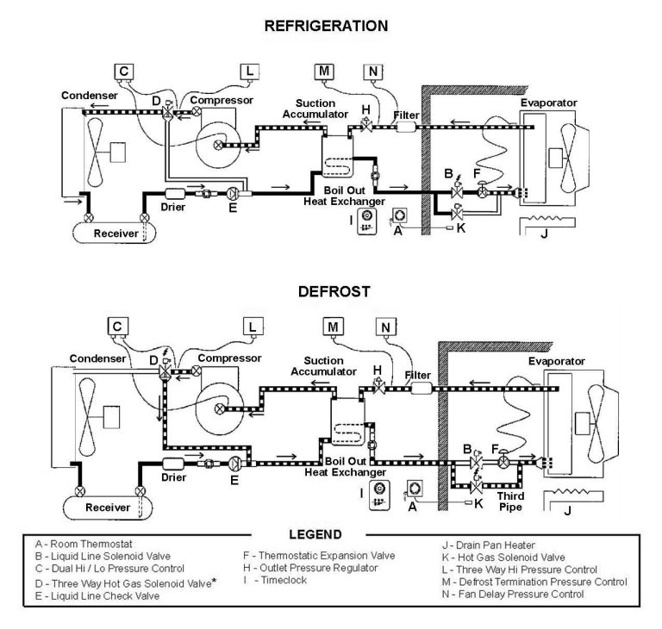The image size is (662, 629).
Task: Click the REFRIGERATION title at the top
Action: tap(325, 27)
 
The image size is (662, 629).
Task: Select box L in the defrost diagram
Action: tap(252, 327)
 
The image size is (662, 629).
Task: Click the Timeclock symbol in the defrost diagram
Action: tap(377, 493)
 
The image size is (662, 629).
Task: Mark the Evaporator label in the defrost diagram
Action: tap(556, 361)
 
